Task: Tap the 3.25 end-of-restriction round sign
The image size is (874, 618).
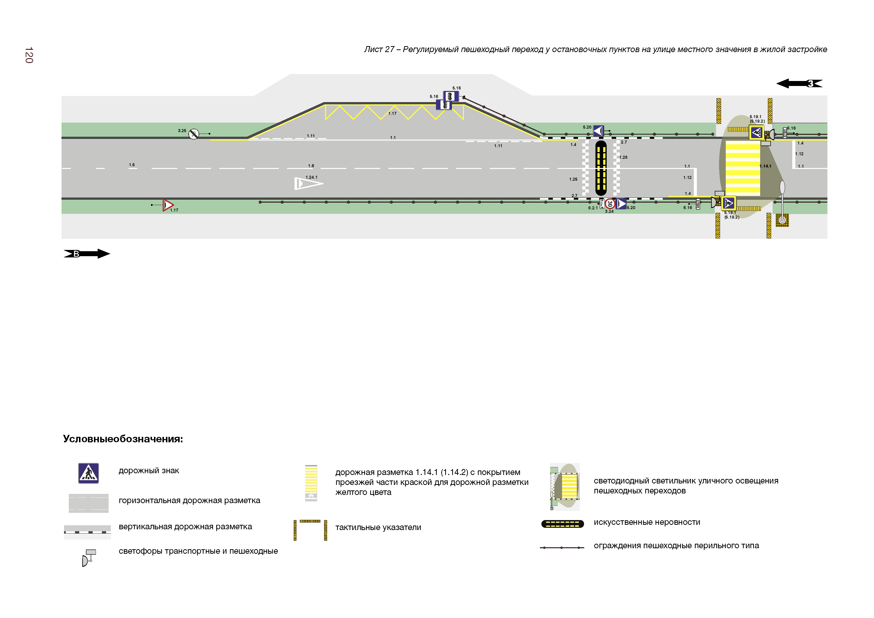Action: tap(194, 134)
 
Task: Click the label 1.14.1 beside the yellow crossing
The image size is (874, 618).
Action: tap(765, 166)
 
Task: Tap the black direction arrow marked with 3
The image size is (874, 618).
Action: tap(800, 83)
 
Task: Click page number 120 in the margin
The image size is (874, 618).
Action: tap(29, 55)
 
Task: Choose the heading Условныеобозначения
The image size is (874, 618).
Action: tap(123, 439)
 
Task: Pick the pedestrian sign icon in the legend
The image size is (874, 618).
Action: tap(88, 473)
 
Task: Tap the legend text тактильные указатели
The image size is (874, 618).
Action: tap(378, 527)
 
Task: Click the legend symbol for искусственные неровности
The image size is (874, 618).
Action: tap(562, 524)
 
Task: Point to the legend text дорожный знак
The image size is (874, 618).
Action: tap(149, 471)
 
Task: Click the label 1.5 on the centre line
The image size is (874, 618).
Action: tap(132, 165)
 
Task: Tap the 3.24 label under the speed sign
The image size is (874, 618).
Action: tap(609, 211)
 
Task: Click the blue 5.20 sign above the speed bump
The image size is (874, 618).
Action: tap(598, 131)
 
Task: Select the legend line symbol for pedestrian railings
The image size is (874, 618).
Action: tap(562, 547)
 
